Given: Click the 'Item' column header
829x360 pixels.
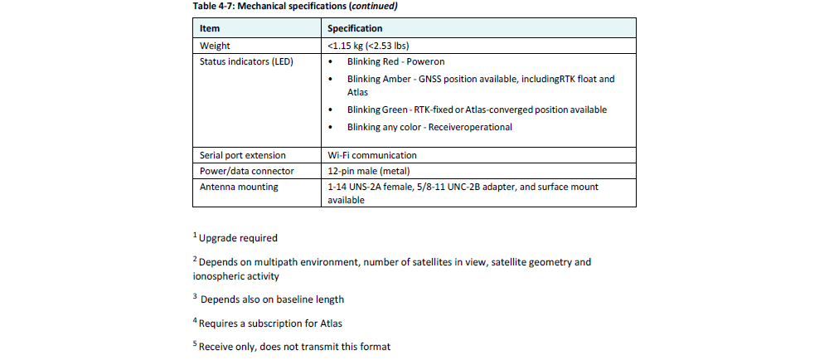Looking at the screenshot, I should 210,28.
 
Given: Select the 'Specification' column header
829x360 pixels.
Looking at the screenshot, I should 356,28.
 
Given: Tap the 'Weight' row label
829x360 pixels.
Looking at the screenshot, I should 215,46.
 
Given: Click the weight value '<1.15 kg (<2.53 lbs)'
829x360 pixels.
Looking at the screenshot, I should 373,46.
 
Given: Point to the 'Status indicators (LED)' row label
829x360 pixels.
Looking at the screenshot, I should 246,61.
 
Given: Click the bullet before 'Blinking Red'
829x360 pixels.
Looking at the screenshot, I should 332,62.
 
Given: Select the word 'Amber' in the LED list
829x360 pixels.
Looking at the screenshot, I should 403,80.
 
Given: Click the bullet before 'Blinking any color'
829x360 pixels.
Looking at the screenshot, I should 332,128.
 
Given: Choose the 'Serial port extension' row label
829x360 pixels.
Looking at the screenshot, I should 242,155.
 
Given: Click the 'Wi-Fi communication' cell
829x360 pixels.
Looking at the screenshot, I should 372,155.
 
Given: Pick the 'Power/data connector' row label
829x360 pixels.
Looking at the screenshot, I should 246,171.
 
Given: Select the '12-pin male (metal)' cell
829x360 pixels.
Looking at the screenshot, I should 368,171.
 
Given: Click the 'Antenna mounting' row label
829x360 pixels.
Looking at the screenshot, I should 239,187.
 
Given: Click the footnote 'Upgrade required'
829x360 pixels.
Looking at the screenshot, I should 238,239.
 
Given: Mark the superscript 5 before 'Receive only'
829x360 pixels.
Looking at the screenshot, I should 195,344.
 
